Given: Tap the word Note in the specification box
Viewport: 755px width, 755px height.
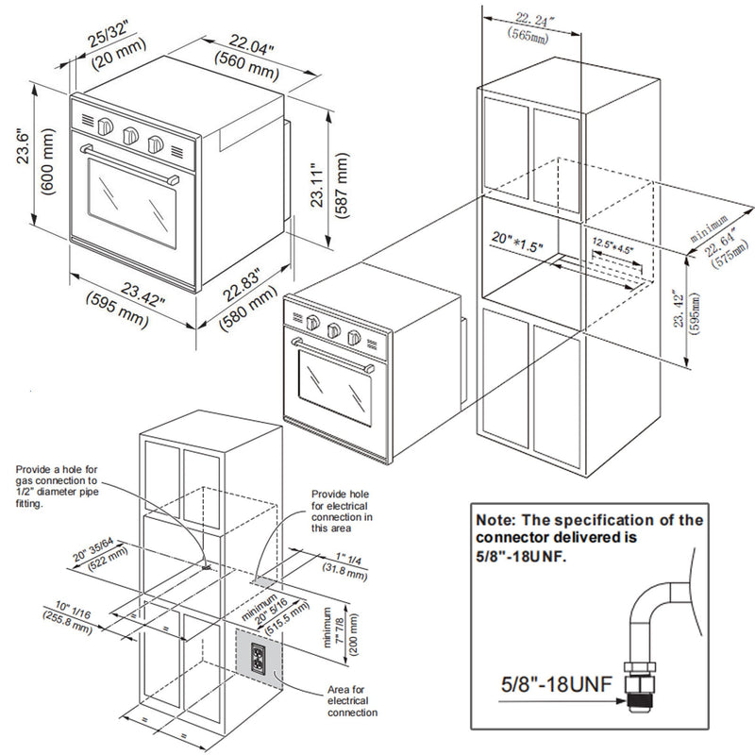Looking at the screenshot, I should (498, 520).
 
